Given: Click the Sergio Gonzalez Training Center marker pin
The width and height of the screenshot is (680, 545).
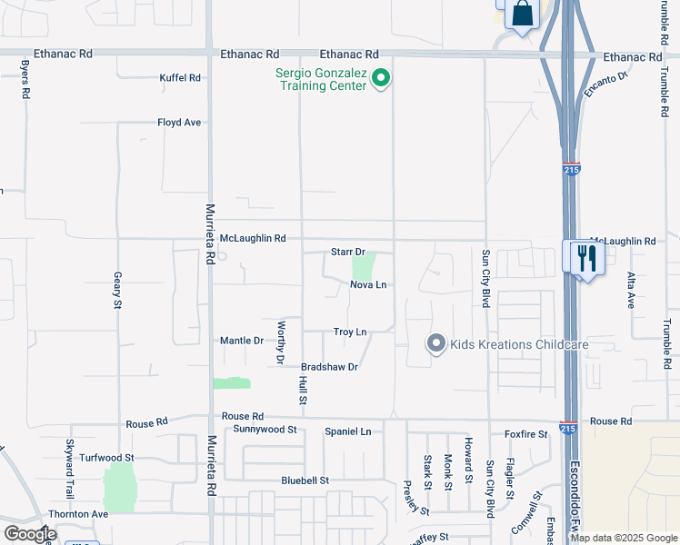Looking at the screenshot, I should pos(382,80).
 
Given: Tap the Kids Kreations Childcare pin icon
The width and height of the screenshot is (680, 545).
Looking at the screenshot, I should pos(436,343).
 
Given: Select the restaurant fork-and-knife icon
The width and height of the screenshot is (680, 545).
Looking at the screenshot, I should pos(583,258).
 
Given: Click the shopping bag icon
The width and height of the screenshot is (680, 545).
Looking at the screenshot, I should pos(522,14).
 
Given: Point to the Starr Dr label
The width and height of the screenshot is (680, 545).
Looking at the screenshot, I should pos(347,252).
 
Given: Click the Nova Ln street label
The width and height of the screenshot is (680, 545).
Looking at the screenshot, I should pos(368,285).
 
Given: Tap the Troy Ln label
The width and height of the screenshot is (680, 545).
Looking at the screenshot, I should pos(350,332).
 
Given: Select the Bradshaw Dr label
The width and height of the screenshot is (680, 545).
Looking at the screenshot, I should pos(330,367).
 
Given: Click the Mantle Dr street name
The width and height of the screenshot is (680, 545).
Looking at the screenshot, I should pos(242,341).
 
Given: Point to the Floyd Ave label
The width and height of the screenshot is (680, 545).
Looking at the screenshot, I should pos(178,122).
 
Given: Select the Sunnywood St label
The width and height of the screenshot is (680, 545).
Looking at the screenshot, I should pos(265,429).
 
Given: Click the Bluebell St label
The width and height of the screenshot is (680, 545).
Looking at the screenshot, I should pos(305,480).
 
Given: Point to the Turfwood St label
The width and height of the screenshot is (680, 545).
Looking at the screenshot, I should pos(106,458).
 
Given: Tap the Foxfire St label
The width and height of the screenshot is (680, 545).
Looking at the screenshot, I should pos(526,434).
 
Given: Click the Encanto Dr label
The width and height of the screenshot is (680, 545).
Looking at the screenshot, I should pos(608,82).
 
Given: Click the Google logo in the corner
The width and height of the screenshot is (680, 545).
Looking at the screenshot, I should pos(30,534).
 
